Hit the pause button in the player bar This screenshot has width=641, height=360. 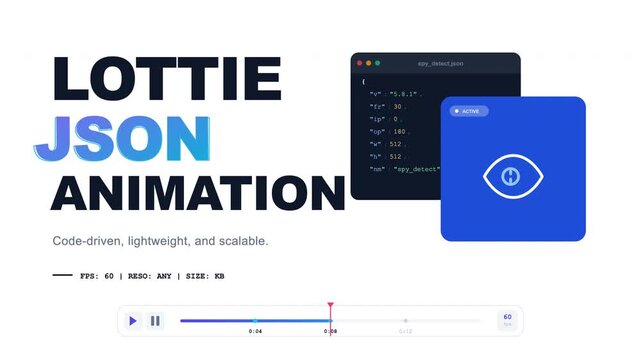pyautogui.click(x=155, y=321)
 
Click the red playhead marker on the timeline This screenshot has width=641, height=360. pyautogui.click(x=330, y=306)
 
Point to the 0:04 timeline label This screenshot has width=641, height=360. pyautogui.click(x=255, y=330)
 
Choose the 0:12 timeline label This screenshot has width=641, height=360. pyautogui.click(x=405, y=330)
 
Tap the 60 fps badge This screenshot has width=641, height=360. pyautogui.click(x=507, y=319)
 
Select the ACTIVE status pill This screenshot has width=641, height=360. pyautogui.click(x=468, y=111)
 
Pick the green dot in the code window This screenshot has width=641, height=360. pyautogui.click(x=378, y=63)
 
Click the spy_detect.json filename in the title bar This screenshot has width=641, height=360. pyautogui.click(x=441, y=63)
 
